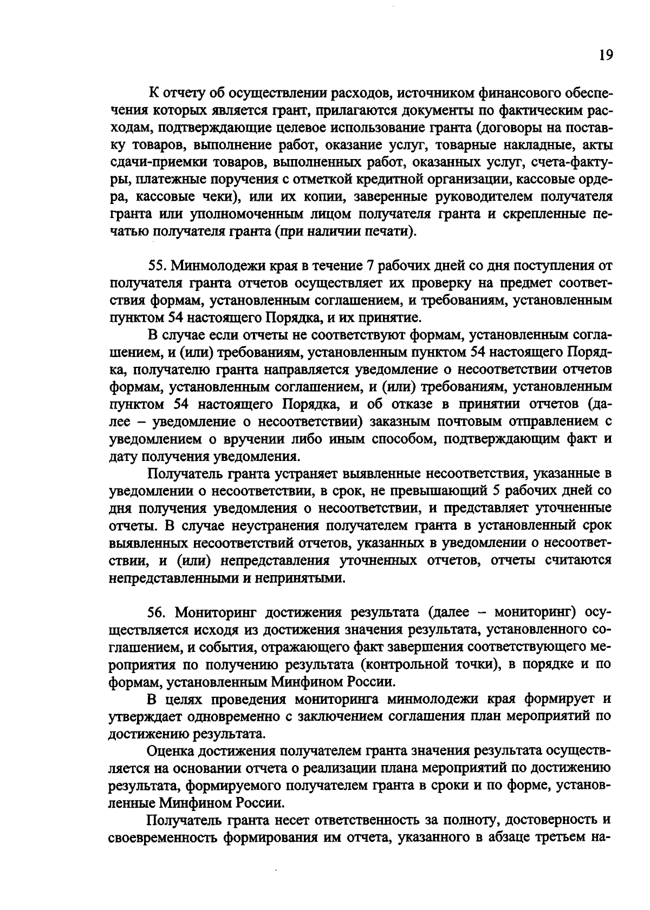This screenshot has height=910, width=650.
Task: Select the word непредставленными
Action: click(172, 578)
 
